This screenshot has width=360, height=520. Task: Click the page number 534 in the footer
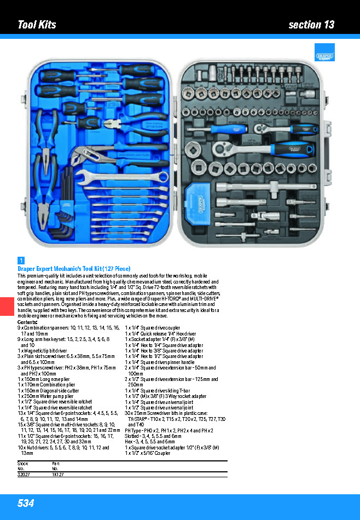coord(26,503)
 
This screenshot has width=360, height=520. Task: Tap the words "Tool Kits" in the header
coord(37,25)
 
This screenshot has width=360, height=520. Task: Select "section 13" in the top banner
coord(311,25)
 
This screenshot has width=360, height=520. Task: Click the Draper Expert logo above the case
coord(324,53)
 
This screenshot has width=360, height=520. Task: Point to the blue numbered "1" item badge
coord(21,261)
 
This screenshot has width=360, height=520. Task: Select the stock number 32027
coord(24,475)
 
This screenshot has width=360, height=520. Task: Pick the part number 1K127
coord(57,475)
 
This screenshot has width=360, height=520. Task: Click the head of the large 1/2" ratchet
coord(223,146)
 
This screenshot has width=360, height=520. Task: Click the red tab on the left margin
coord(5,306)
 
